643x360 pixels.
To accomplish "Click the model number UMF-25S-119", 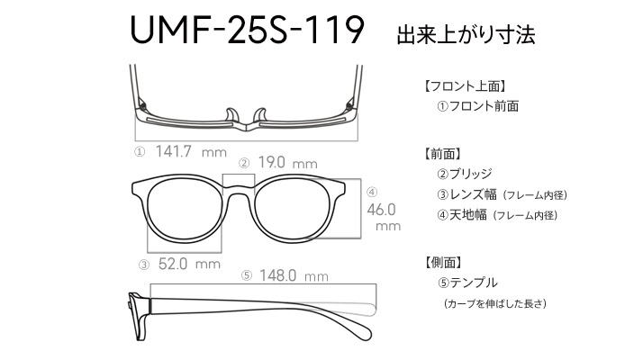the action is [x=247, y=30].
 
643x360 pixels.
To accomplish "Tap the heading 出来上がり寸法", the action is [x=466, y=34].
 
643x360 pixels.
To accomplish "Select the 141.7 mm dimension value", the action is [x=191, y=152].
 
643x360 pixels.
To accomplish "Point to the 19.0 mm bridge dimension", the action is [x=288, y=163].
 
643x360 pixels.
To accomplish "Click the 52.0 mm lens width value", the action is [x=189, y=264].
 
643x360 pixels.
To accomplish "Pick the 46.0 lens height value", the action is [x=381, y=210].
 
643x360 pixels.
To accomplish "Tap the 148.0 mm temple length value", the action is [x=294, y=275].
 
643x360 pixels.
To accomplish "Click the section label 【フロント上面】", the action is [x=465, y=86].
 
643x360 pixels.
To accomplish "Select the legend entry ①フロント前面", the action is [x=477, y=106].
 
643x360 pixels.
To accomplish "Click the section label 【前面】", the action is [x=443, y=154].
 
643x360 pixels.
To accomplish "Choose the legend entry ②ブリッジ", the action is [x=464, y=174].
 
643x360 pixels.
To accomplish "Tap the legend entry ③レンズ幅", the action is [x=466, y=194].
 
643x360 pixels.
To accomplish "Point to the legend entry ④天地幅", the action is [x=462, y=214].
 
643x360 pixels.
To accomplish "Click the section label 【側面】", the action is [x=443, y=262].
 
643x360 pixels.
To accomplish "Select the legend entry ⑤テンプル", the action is [x=467, y=283].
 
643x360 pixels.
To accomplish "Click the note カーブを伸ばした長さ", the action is [x=495, y=303].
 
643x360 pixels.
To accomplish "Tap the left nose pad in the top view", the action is [x=231, y=115].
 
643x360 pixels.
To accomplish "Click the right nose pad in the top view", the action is [x=260, y=115].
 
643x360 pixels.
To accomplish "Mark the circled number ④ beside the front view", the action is [x=372, y=192].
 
